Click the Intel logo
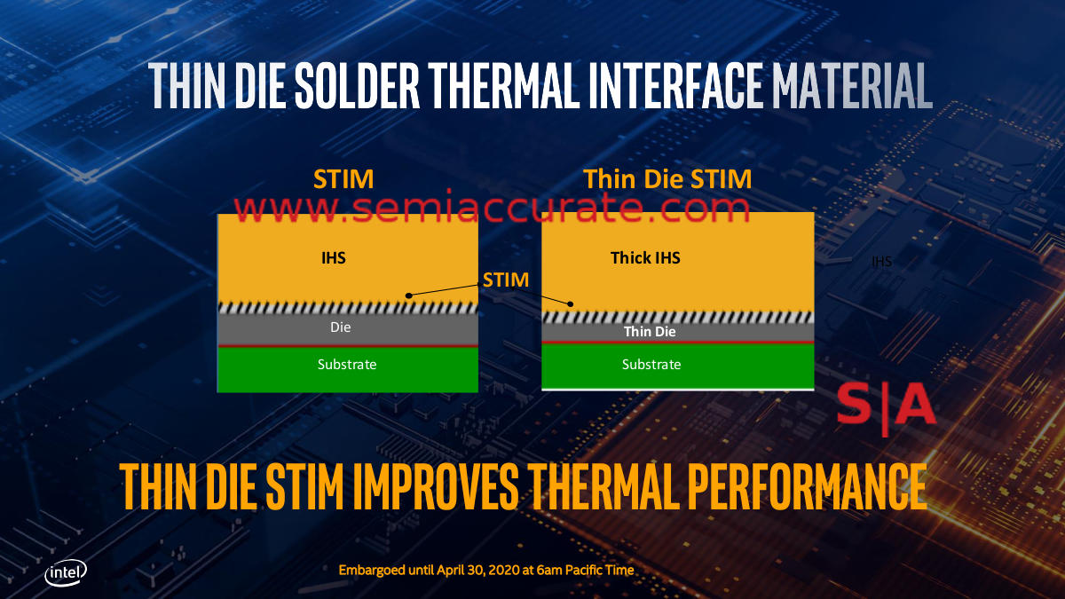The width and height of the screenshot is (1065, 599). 66,572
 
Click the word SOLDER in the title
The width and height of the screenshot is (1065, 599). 358,85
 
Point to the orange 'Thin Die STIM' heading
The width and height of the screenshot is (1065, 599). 667,179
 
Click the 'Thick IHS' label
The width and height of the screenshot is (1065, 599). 645,257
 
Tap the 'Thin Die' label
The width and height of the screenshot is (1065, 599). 650,331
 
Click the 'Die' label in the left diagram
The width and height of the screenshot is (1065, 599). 341,327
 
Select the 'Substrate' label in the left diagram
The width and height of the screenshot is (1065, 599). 347,364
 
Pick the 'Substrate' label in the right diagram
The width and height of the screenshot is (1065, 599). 651,364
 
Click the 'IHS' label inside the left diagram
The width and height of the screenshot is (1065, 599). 334,257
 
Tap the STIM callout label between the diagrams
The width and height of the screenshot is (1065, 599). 505,280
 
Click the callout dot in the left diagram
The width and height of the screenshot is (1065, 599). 408,296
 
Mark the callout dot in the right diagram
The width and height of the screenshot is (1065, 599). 571,303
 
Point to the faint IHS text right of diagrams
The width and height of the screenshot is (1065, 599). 882,262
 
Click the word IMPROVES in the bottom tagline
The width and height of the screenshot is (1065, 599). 436,486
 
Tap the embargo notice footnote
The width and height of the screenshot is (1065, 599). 486,570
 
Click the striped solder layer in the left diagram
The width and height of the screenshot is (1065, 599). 348,308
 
